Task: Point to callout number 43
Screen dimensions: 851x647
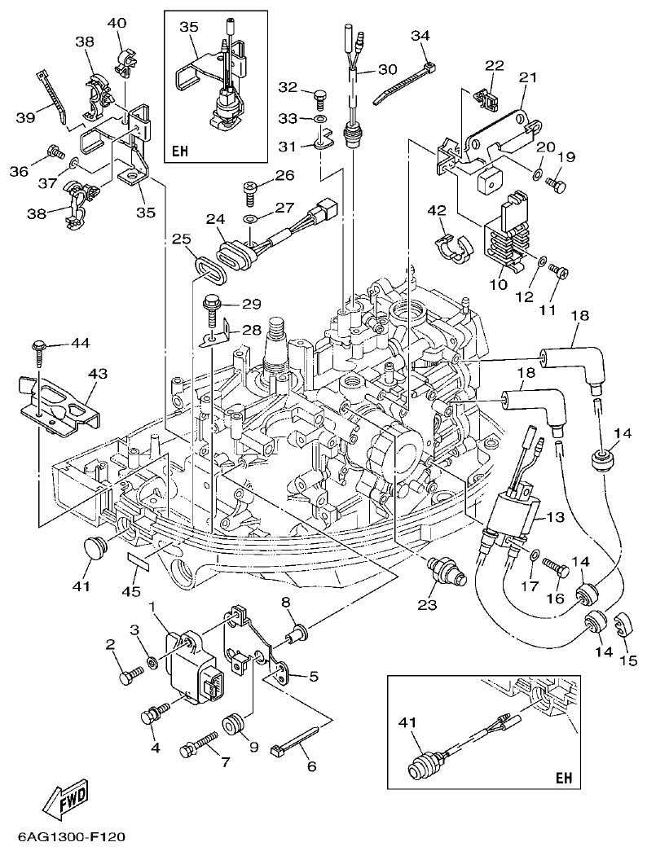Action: tap(98, 374)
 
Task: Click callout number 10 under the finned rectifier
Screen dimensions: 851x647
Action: tap(497, 284)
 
